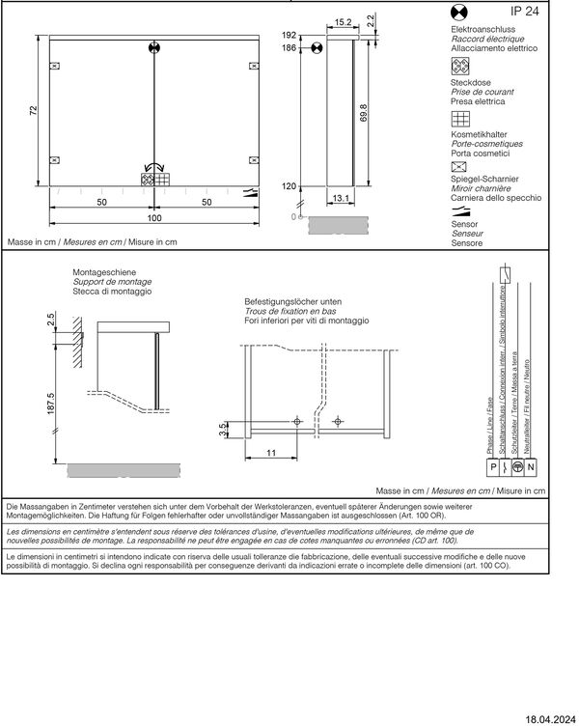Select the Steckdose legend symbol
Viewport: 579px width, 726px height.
460,67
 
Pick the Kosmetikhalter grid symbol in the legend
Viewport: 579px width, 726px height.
460,119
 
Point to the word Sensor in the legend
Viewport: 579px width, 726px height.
464,223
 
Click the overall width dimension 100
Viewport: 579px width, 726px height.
154,217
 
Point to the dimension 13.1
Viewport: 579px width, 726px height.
340,198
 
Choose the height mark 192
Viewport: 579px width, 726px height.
289,35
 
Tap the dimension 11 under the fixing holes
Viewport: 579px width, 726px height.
272,452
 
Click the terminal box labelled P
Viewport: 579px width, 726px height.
494,467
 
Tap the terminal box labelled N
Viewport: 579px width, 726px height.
530,467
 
